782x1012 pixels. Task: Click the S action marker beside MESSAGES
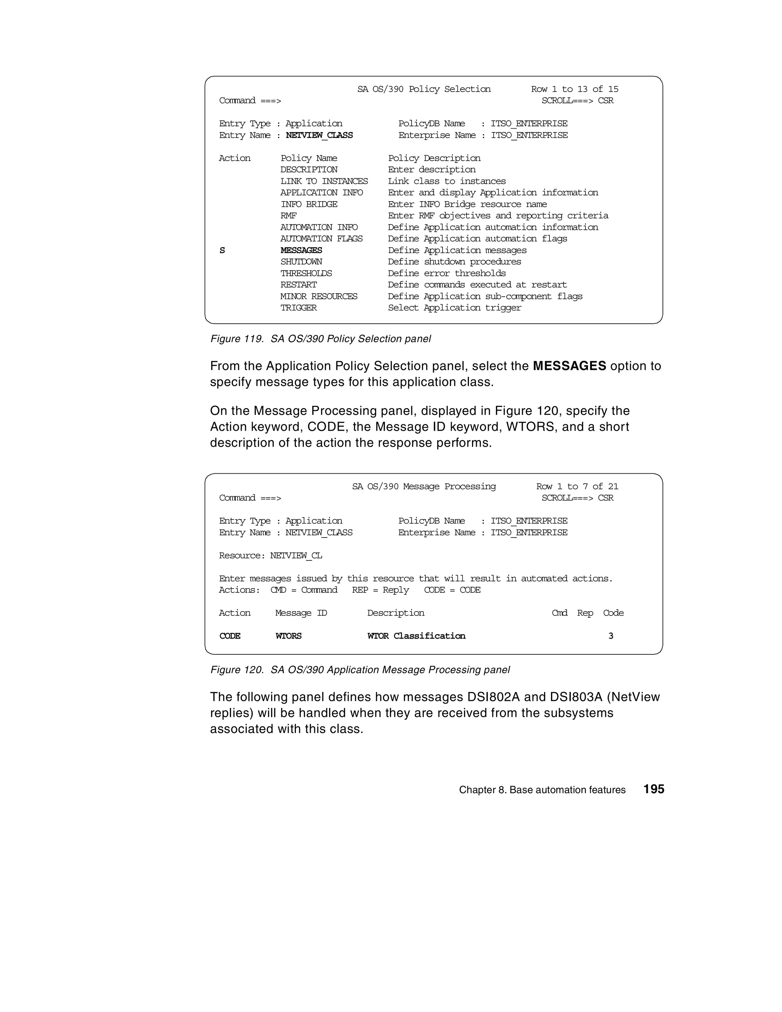tap(222, 250)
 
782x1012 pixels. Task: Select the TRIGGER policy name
tap(299, 308)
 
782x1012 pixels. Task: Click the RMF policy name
tap(288, 215)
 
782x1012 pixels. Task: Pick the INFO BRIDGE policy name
tap(309, 204)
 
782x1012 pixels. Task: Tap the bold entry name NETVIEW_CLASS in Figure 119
tap(319, 135)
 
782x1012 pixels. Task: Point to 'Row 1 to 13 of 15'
tap(574, 89)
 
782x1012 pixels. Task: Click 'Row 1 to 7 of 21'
tap(577, 486)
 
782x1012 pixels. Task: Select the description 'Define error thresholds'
tap(446, 273)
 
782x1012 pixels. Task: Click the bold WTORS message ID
tap(288, 636)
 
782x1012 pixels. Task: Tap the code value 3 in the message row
tap(611, 636)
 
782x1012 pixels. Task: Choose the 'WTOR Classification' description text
tap(416, 636)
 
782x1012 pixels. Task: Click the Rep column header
tap(585, 613)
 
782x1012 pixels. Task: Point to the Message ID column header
tap(301, 613)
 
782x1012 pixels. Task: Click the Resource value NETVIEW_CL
tap(296, 555)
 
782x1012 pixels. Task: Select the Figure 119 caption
tap(320, 339)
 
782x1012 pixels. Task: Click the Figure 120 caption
tap(360, 670)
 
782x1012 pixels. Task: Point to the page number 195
tap(654, 789)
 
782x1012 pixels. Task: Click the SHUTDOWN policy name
tap(301, 262)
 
